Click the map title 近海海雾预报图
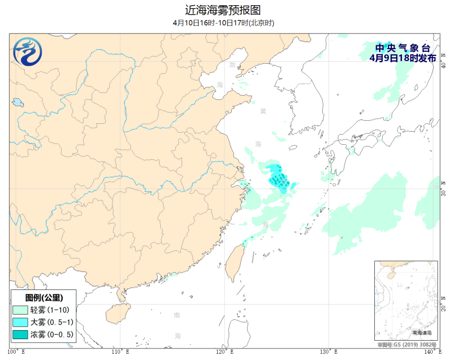223,10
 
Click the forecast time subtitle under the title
223,23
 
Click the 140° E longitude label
431,352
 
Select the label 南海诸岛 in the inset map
422,332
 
